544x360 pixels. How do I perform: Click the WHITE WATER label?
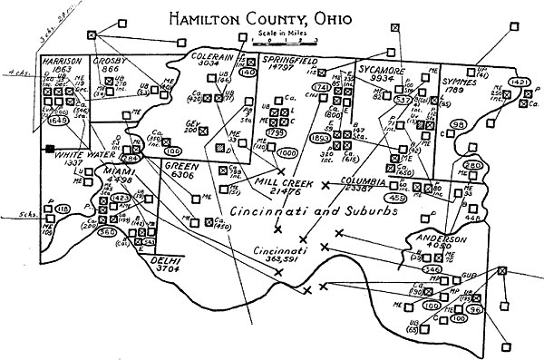pyautogui.click(x=81, y=153)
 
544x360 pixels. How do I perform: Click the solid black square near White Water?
pyautogui.click(x=49, y=148)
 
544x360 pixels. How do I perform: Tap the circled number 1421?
pyautogui.click(x=520, y=83)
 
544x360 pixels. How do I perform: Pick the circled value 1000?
pyautogui.click(x=287, y=153)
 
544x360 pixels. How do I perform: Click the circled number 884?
pyautogui.click(x=131, y=160)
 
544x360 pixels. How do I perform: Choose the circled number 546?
pyautogui.click(x=432, y=269)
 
